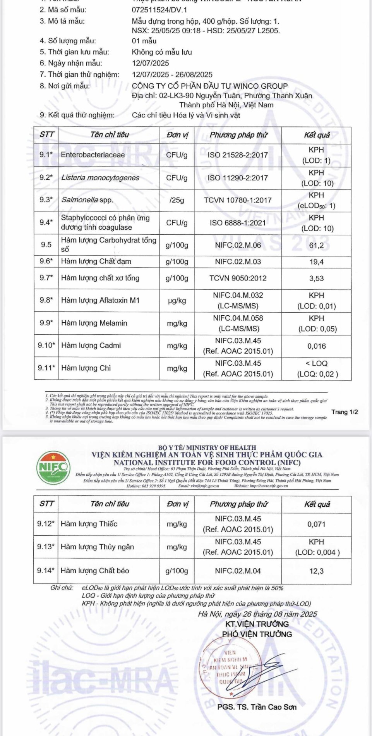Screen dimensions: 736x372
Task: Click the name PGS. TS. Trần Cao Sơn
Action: [x=257, y=707]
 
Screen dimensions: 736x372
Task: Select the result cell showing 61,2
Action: [x=316, y=245]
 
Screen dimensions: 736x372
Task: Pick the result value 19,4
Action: [x=316, y=262]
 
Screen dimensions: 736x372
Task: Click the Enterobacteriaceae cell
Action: [x=93, y=155]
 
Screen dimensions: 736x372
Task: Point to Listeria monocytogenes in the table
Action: [x=100, y=178]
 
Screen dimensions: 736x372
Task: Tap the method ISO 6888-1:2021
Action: [x=238, y=223]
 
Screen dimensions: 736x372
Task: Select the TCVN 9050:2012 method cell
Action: [x=238, y=278]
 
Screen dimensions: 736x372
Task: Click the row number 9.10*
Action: [x=46, y=345]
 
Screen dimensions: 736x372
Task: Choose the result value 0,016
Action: [x=316, y=346]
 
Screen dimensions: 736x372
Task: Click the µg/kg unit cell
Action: [x=177, y=301]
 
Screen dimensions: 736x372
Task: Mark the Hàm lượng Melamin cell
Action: [x=94, y=323]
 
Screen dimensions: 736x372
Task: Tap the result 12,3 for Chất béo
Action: [x=316, y=571]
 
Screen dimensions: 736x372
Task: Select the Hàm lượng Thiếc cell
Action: [x=89, y=524]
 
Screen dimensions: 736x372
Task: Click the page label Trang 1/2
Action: [x=345, y=412]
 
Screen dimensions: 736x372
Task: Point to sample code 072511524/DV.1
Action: [x=159, y=10]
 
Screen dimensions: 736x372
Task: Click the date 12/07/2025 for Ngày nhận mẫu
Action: [x=150, y=63]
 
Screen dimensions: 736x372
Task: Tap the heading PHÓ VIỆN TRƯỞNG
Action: [x=257, y=634]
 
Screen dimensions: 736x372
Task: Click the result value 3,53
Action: [x=316, y=279]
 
